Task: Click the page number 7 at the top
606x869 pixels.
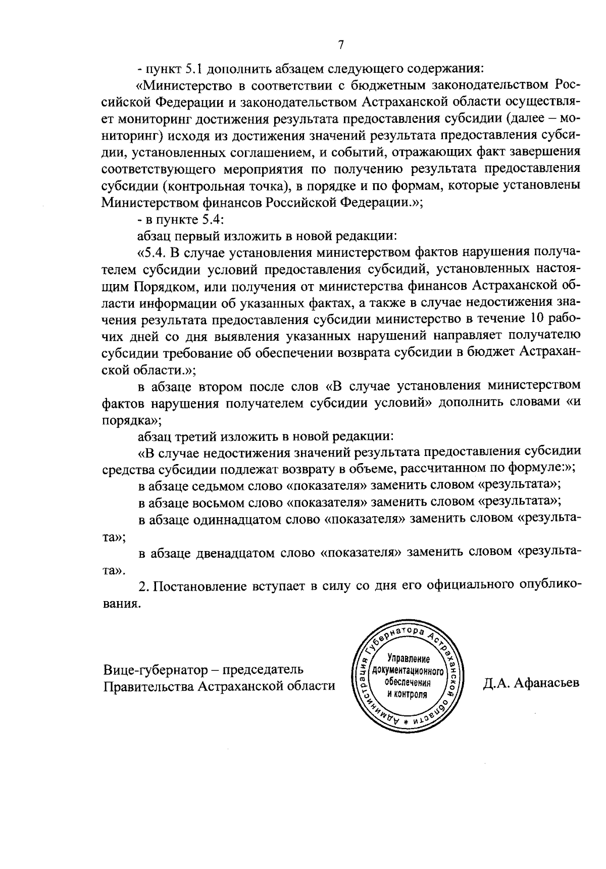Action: (x=341, y=45)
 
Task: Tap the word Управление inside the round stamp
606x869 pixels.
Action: (x=408, y=659)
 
